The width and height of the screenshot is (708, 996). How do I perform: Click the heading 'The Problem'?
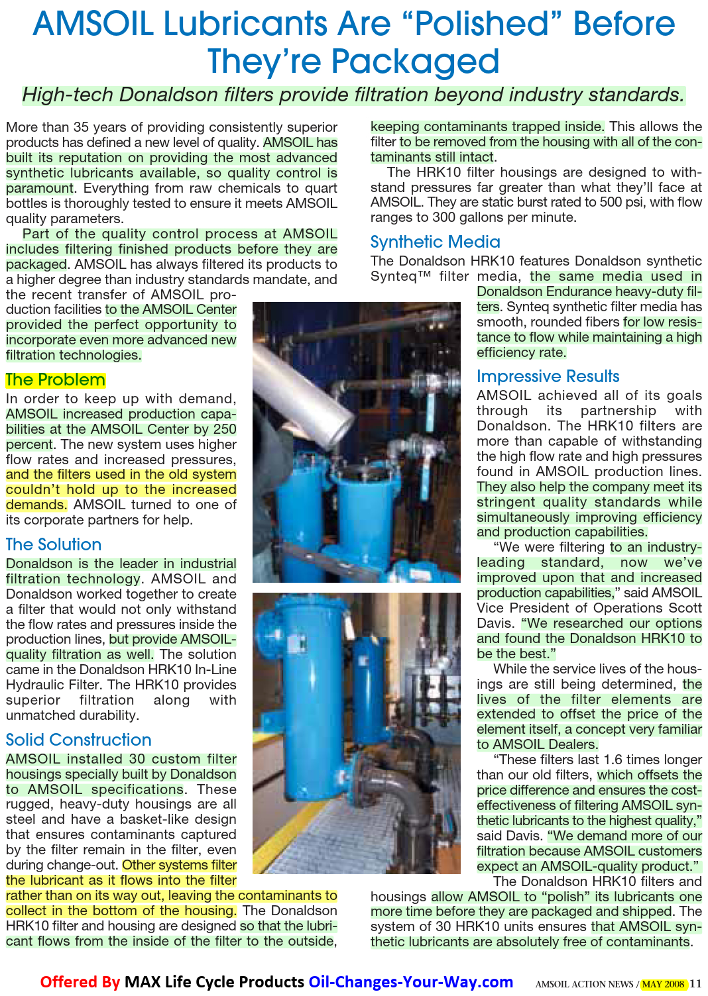pos(56,380)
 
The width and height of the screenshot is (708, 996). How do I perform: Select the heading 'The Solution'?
pos(54,544)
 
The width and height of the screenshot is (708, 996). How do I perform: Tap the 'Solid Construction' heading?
pos(78,740)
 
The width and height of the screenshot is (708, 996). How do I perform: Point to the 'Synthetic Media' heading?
pos(435,242)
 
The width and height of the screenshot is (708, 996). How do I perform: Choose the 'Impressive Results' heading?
pos(548,377)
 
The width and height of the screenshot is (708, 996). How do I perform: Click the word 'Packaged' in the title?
pos(415,62)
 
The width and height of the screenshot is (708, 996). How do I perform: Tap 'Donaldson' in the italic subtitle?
pos(171,95)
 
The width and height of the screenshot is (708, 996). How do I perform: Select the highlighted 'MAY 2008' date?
pos(663,984)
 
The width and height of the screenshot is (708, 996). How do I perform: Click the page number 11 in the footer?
pos(695,984)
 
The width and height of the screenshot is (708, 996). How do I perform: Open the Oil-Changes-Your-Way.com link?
pos(411,982)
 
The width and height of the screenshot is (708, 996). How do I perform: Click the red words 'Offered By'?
pos(80,982)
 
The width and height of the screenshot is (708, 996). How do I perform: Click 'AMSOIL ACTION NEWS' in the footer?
pos(584,984)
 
